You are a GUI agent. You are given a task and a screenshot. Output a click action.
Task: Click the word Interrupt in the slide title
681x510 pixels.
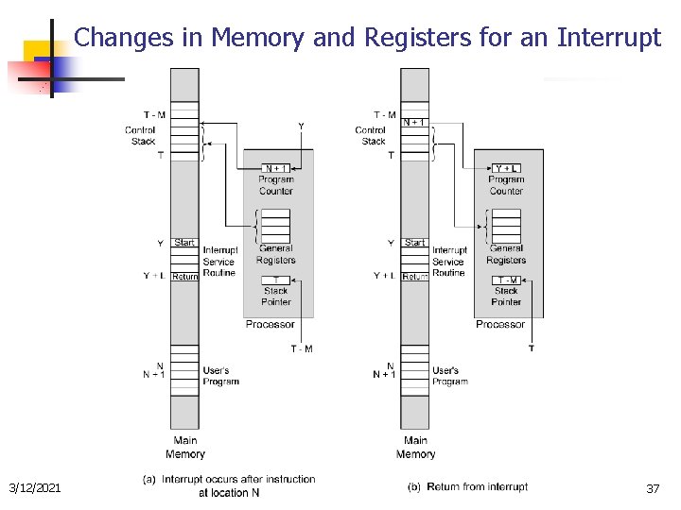click(x=609, y=38)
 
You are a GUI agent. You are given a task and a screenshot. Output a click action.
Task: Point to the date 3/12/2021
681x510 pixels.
click(x=35, y=487)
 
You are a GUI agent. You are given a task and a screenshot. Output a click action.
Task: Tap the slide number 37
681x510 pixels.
click(x=653, y=488)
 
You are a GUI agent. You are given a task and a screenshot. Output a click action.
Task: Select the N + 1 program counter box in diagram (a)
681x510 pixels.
click(x=275, y=168)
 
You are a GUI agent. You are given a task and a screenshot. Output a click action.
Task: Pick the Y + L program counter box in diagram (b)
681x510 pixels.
click(x=506, y=168)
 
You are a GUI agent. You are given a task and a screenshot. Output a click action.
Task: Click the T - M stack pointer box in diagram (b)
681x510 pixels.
click(x=506, y=280)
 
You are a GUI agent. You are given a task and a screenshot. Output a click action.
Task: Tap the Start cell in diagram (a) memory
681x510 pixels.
click(x=185, y=243)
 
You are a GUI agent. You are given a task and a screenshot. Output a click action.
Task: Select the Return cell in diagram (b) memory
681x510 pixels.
click(x=415, y=277)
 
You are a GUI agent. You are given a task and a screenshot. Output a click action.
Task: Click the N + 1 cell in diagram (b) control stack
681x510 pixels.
click(x=414, y=122)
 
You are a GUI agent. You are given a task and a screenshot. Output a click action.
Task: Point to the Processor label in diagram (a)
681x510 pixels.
click(x=270, y=324)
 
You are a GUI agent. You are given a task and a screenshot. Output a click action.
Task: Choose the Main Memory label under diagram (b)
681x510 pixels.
click(x=415, y=447)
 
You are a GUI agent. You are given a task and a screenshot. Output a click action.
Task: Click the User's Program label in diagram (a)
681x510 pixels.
click(x=220, y=376)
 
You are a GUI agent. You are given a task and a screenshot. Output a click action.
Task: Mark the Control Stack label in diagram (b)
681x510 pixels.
click(x=372, y=136)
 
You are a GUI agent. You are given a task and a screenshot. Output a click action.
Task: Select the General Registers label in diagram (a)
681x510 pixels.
click(x=275, y=254)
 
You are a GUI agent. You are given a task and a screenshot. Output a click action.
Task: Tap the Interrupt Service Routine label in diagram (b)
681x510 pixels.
click(x=449, y=262)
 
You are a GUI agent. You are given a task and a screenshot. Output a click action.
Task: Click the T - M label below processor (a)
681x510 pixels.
click(x=302, y=349)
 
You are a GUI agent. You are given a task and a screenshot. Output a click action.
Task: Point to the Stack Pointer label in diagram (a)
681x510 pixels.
click(x=276, y=297)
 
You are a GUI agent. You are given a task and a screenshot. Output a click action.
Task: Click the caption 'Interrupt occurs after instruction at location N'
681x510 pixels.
click(x=230, y=485)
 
